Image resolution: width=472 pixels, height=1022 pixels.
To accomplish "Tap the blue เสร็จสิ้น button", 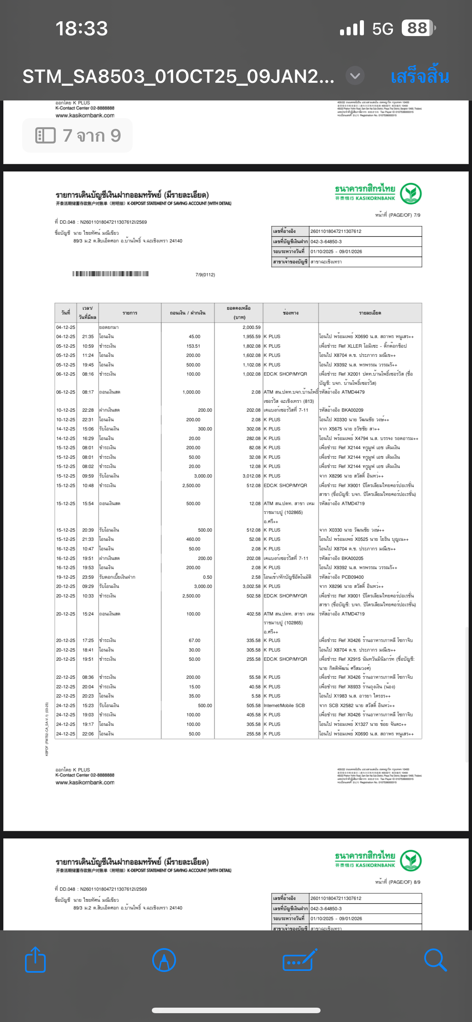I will (x=419, y=76).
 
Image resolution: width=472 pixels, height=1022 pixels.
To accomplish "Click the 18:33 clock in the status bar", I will (x=82, y=29).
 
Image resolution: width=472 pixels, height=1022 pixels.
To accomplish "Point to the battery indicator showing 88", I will (x=418, y=28).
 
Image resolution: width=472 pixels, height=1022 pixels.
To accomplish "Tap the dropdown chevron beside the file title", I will (x=355, y=75).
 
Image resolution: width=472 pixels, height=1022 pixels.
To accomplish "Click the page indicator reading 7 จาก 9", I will (x=78, y=136).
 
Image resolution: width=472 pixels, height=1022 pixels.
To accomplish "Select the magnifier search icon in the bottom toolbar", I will (x=435, y=960).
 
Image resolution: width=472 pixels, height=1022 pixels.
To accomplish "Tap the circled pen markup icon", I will (x=164, y=960).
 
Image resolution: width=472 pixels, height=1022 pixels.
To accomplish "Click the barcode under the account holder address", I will (x=111, y=274).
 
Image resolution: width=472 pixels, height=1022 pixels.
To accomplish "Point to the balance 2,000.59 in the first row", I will (x=251, y=327).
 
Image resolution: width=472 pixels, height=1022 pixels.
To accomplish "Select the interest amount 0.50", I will (x=207, y=577).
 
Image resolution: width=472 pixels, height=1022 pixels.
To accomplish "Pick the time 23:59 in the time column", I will (x=88, y=577).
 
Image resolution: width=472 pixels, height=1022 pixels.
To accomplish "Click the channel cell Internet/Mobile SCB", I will (x=284, y=705).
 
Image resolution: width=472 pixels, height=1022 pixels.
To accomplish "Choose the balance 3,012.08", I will (x=251, y=476).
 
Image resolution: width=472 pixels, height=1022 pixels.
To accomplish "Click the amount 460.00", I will (x=193, y=539).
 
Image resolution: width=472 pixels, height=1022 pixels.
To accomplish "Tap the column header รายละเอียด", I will (x=370, y=313).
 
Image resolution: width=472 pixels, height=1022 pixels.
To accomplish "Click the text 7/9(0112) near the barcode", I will (x=205, y=274).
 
